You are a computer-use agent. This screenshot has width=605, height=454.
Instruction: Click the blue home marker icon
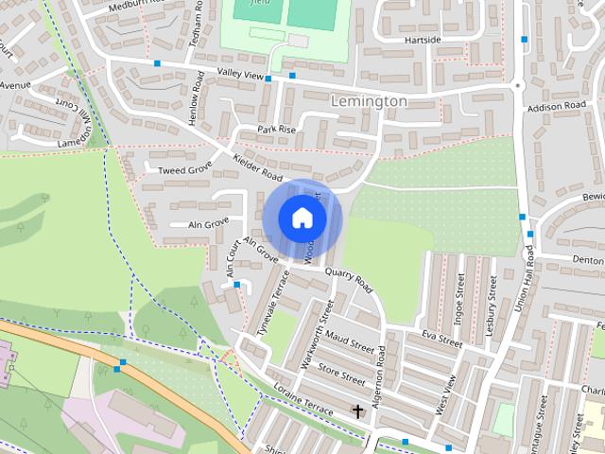click(x=302, y=218)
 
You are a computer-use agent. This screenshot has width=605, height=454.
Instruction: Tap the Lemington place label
click(x=370, y=100)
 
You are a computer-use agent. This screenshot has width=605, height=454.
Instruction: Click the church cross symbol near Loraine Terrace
click(x=357, y=411)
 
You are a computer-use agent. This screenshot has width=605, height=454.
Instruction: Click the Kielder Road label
click(x=257, y=168)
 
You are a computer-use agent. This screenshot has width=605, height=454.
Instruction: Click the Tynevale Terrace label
click(x=271, y=300)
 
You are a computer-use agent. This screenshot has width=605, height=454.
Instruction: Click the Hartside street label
click(x=423, y=40)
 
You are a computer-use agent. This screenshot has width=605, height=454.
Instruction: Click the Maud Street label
click(x=351, y=346)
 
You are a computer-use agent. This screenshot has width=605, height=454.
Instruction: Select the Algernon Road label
click(x=381, y=373)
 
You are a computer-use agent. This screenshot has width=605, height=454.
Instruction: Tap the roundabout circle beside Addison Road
click(x=517, y=85)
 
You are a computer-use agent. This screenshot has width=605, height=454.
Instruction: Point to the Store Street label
click(x=342, y=374)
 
